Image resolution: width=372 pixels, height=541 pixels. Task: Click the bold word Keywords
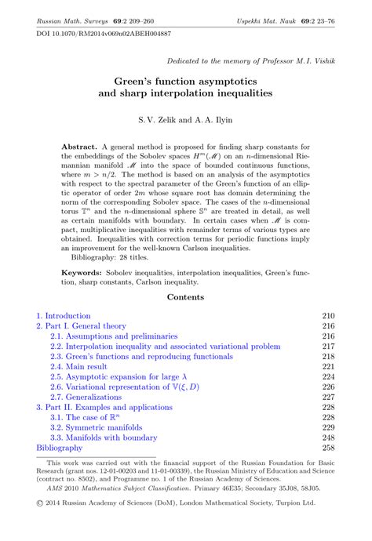tap(84, 251)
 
